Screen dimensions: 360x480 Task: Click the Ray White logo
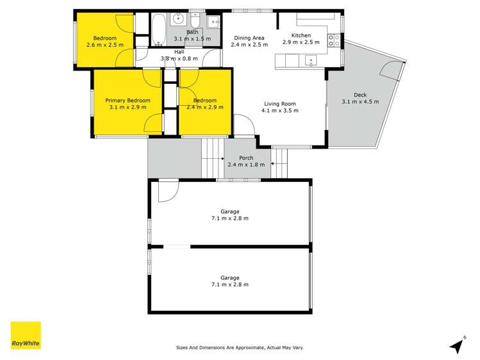pos(26,336)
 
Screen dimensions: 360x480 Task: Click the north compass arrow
pos(456,345)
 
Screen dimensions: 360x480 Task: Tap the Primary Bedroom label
pos(128,101)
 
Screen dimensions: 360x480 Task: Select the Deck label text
pos(360,94)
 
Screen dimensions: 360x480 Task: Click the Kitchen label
pos(301,35)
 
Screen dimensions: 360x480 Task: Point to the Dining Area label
pos(249,38)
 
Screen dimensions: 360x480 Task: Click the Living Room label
pos(279,103)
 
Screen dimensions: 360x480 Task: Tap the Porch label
pos(246,158)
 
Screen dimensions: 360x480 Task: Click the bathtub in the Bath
pos(158,29)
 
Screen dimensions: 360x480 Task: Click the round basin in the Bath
pos(178,19)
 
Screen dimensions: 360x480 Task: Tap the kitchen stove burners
pos(335,40)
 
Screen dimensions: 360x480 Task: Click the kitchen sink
pos(311,61)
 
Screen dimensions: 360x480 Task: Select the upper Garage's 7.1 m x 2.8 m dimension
pos(230,218)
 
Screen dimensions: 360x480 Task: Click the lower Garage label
pos(230,277)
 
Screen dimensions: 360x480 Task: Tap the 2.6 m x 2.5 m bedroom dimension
pos(105,45)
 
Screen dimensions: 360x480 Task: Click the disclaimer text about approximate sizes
pos(240,348)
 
